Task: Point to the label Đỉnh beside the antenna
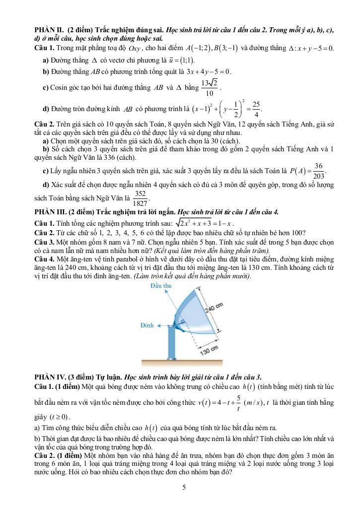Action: pyautogui.click(x=147, y=325)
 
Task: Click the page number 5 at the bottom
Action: pyautogui.click(x=184, y=487)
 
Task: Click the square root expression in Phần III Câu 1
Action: pyautogui.click(x=197, y=222)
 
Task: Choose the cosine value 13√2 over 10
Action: pyautogui.click(x=210, y=87)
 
